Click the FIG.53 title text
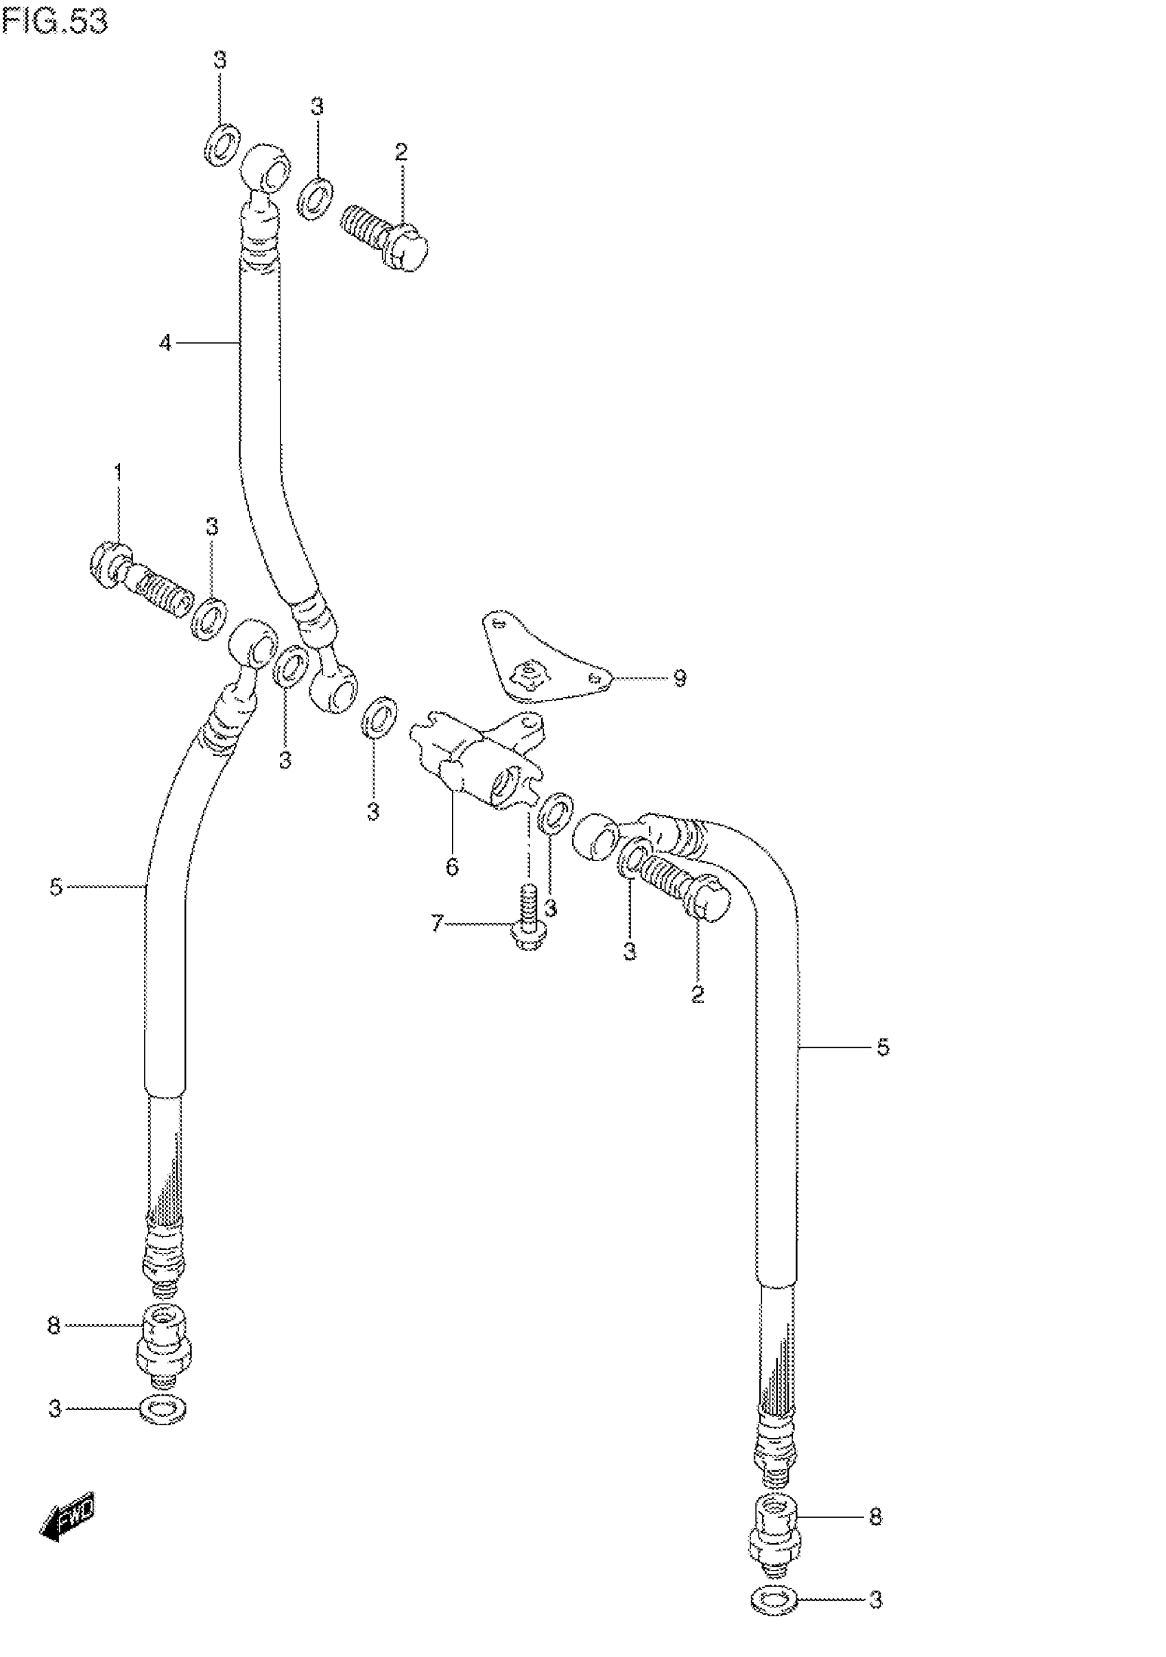click(x=55, y=21)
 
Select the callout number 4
click(x=166, y=344)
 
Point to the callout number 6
click(x=452, y=867)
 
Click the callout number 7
click(x=436, y=923)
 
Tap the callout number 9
click(x=679, y=679)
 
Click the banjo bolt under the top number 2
click(x=385, y=237)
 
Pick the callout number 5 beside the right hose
click(x=883, y=1047)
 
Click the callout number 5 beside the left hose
click(x=56, y=887)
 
